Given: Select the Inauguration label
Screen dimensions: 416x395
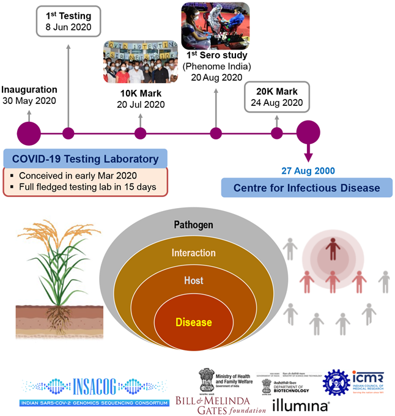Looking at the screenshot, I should click(x=30, y=89).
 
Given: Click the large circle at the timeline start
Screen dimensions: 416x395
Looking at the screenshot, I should click(x=29, y=132).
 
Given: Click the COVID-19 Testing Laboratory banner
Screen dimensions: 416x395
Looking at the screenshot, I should click(x=85, y=160).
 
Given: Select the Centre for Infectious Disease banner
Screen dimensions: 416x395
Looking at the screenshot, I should click(x=306, y=187).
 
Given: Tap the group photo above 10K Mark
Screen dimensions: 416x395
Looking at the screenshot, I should click(x=141, y=63).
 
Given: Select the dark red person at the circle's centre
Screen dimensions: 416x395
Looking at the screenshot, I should click(x=332, y=250).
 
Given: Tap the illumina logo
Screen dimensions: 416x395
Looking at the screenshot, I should click(x=300, y=404).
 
